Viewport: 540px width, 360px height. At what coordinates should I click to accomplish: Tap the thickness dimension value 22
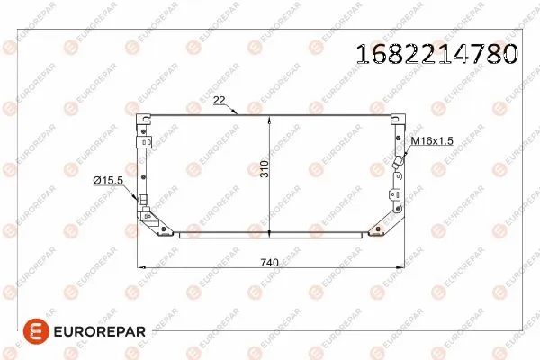pos(219,101)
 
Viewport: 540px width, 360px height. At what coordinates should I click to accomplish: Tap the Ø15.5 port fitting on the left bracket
pos(141,199)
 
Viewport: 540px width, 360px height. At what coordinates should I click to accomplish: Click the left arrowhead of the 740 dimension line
pos(138,267)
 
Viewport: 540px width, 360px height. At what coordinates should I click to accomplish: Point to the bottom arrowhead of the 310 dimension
pos(271,233)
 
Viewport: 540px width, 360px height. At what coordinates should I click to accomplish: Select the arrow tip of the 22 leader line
pos(235,113)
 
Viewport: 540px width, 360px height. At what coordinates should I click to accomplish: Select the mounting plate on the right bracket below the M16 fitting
pos(396,188)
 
